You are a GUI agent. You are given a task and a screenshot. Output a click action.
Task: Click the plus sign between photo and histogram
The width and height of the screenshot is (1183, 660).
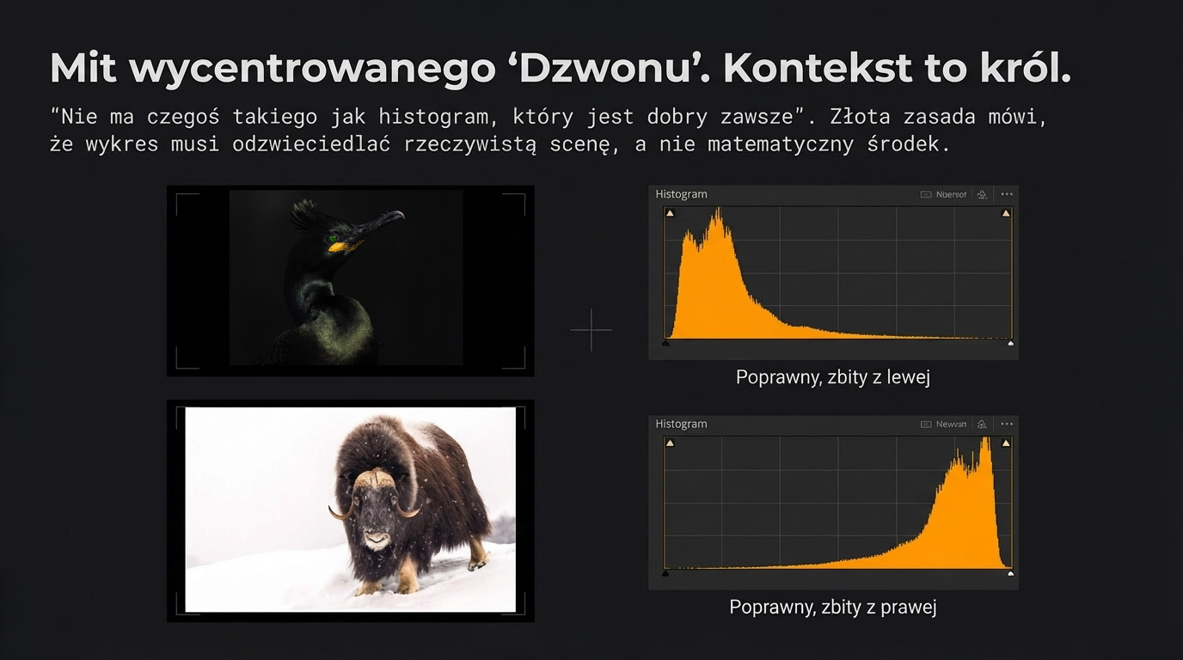pos(591,329)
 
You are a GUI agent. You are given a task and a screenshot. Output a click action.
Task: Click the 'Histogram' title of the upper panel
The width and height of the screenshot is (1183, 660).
pos(681,194)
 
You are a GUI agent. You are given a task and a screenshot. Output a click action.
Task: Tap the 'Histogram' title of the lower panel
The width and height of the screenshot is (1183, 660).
pos(681,424)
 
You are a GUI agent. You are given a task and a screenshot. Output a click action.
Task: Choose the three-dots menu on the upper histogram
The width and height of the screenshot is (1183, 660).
pos(1007,194)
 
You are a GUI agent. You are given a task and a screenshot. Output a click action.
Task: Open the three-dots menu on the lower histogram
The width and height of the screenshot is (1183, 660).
pos(1007,424)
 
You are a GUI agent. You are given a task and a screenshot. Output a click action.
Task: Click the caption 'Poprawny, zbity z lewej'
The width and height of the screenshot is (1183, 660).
pos(833,376)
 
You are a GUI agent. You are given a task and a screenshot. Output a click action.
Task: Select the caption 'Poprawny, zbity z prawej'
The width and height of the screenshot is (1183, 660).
pos(832,607)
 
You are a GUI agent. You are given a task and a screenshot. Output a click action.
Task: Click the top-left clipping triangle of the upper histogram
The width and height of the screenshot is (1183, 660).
pos(670,213)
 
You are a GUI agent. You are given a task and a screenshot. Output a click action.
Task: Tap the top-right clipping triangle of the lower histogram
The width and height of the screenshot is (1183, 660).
pos(1006,443)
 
